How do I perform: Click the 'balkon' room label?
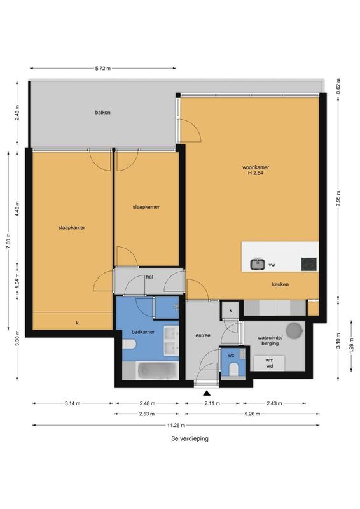pos(103,113)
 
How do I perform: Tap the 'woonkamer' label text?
pos(253,169)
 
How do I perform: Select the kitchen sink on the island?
pos(258,263)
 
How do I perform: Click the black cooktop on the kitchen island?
pos(308,263)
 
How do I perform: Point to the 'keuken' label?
pos(280,284)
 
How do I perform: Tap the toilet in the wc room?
pos(233,370)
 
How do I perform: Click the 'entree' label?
pos(203,335)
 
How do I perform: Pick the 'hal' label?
pos(150,277)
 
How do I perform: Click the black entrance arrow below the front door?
pos(205,394)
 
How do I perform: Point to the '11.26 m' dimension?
pos(176,425)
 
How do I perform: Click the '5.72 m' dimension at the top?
pos(102,68)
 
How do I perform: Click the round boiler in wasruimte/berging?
pos(294,331)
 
